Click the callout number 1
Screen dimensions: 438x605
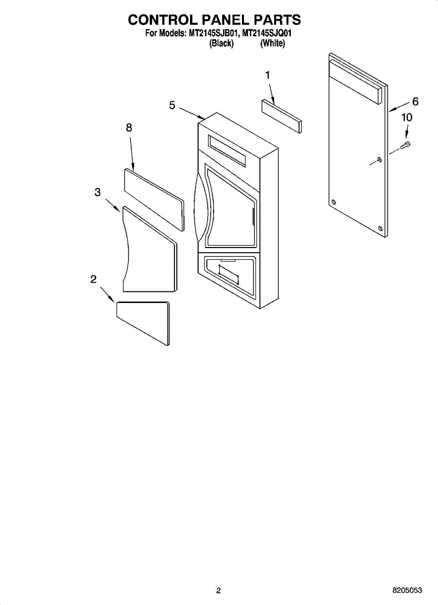point(268,75)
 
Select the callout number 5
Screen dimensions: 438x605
point(172,105)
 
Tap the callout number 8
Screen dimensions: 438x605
point(129,128)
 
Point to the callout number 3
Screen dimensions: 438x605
point(97,192)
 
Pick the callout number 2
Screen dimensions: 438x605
point(94,280)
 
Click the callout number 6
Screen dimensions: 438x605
point(415,101)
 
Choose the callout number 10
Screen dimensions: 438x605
point(406,117)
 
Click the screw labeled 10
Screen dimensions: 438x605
point(405,145)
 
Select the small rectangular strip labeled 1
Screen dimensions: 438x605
point(281,116)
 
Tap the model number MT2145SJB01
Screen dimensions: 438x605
point(213,34)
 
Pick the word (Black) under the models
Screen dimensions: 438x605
point(221,44)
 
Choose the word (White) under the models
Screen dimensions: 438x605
point(273,44)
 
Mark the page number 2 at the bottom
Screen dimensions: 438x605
point(218,590)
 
